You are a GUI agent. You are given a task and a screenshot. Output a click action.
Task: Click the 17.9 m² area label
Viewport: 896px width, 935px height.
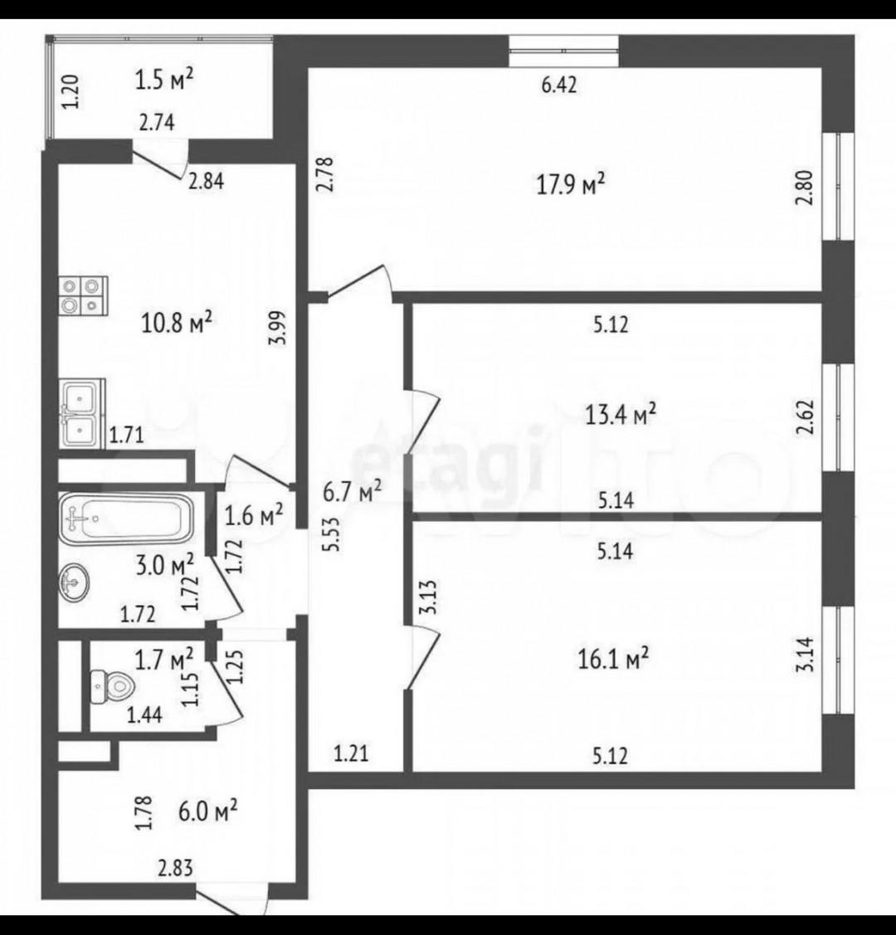click(x=571, y=183)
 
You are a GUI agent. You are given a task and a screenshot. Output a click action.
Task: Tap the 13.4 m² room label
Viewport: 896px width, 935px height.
click(x=621, y=413)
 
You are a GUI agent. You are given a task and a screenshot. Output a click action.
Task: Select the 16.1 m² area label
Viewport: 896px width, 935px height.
click(x=613, y=659)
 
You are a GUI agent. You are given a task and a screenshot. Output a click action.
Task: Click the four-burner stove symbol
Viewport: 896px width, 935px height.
click(x=83, y=295)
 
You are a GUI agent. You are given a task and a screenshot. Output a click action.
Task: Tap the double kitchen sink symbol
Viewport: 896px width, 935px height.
click(x=81, y=413)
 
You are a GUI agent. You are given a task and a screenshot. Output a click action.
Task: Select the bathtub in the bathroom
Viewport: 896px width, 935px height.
click(x=126, y=518)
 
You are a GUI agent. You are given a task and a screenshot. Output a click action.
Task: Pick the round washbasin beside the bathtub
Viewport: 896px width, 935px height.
click(x=74, y=582)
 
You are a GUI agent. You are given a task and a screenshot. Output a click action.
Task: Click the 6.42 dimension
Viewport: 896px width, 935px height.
click(x=558, y=85)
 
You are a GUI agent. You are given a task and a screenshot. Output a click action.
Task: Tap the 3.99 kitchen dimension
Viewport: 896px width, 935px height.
click(x=279, y=328)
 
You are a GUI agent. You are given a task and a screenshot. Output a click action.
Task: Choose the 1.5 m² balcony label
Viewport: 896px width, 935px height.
click(x=164, y=79)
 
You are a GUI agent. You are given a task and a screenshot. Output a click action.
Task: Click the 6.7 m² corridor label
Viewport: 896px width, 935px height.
click(x=353, y=492)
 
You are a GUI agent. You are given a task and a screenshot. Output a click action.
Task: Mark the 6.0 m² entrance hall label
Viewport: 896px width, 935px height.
click(x=208, y=811)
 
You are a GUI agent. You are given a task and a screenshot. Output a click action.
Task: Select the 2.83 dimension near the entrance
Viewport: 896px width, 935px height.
click(x=175, y=868)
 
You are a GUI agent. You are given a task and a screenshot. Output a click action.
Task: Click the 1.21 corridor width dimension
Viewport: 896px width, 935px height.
click(x=351, y=753)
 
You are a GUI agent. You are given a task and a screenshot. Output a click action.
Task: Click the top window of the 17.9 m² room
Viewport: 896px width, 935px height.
click(x=563, y=51)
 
